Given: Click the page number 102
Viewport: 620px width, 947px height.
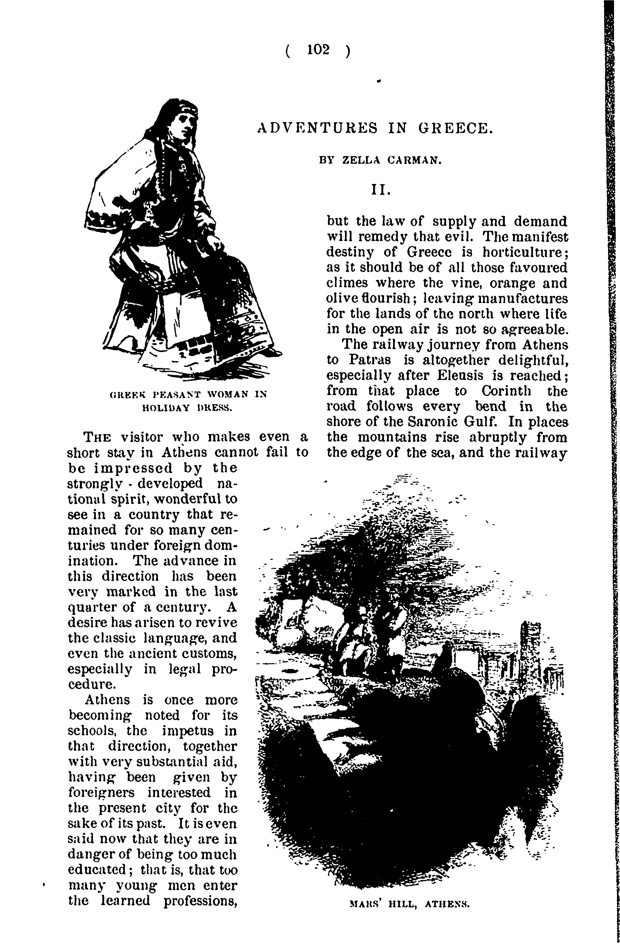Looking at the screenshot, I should click(318, 50).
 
